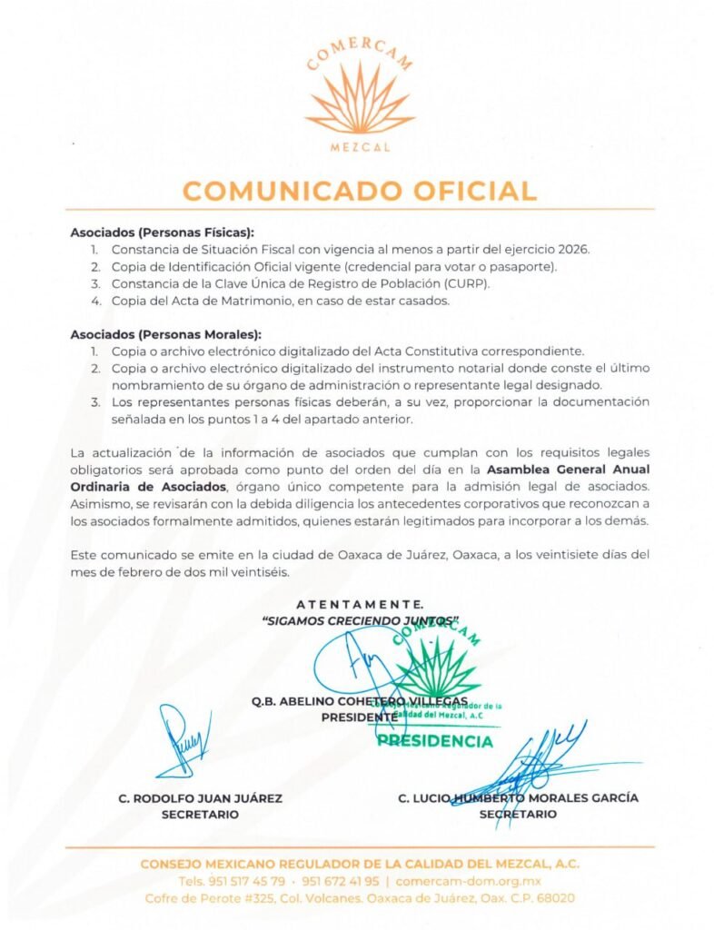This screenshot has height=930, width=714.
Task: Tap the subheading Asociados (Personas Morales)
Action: point(164,332)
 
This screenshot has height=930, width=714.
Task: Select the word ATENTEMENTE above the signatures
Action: point(360,604)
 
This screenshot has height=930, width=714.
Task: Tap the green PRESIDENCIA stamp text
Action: point(435,741)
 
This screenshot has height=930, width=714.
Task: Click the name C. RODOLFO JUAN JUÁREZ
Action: point(201,798)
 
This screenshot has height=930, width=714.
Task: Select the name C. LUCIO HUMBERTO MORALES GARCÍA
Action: point(518,798)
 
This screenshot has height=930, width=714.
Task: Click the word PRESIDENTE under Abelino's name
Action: point(360,717)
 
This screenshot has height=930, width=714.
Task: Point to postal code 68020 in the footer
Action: point(554,898)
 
